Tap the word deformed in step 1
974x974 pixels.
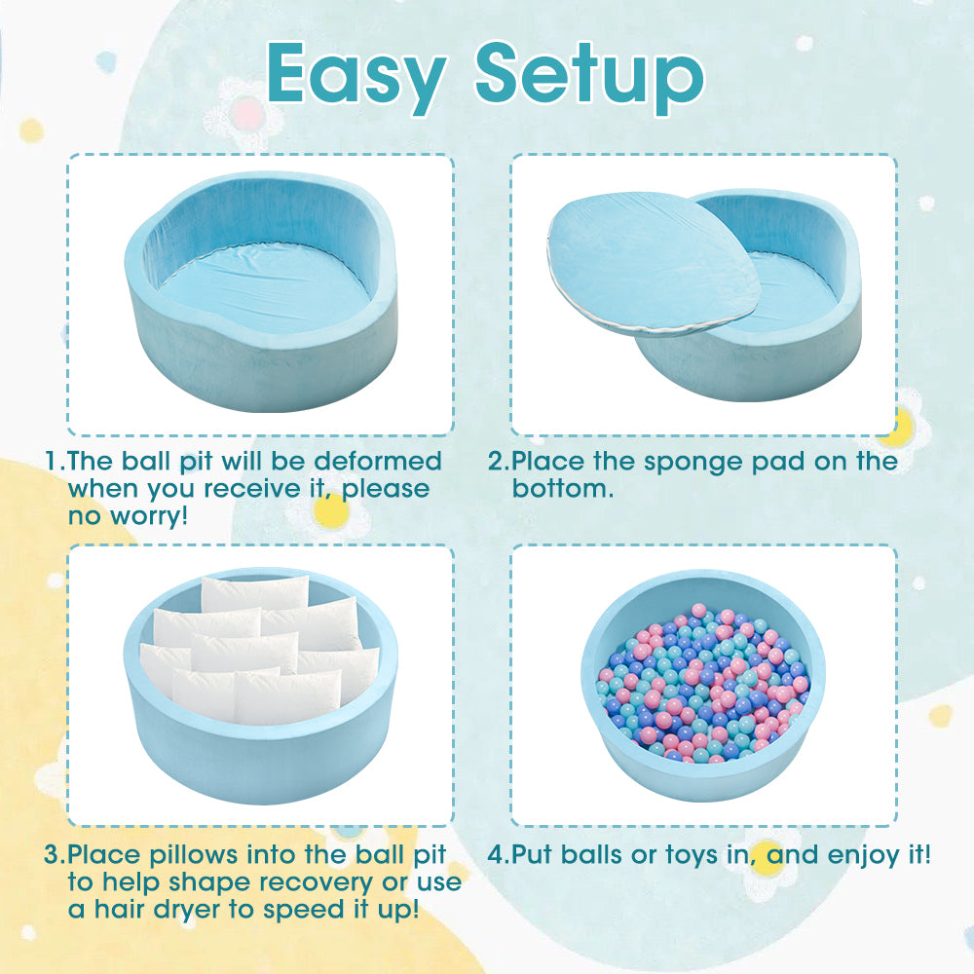[378, 461]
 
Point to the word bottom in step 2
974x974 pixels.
[562, 488]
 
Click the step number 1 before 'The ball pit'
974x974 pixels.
[53, 461]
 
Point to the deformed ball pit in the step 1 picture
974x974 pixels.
[261, 294]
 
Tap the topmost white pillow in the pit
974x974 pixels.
[254, 592]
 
